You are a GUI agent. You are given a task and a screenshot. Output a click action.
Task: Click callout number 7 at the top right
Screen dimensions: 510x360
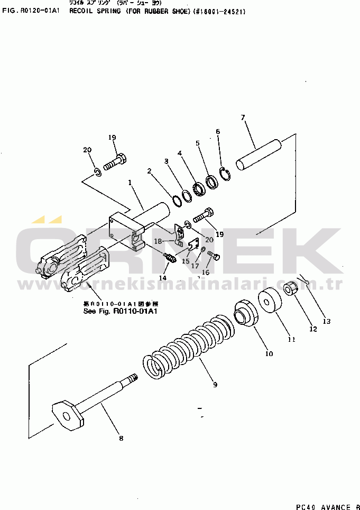[243, 117]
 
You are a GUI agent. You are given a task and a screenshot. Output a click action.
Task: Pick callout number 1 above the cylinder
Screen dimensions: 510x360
[130, 183]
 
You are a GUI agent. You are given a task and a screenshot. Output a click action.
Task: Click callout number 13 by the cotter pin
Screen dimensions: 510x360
[326, 321]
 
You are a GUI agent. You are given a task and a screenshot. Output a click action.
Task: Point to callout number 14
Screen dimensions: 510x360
[163, 278]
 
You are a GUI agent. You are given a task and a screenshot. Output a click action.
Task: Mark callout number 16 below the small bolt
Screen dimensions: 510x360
[206, 272]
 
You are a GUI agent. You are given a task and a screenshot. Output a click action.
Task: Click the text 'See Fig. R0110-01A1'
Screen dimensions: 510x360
[121, 311]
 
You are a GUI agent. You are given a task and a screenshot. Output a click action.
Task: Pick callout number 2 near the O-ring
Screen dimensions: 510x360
[150, 171]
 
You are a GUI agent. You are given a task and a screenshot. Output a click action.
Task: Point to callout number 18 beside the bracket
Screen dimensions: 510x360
[158, 241]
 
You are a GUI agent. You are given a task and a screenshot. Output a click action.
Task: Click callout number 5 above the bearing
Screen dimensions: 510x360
[198, 143]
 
